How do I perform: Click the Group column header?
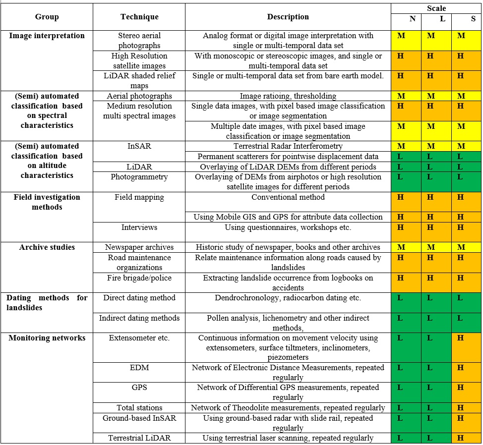click(47, 17)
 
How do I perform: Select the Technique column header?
click(139, 17)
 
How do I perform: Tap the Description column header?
click(288, 17)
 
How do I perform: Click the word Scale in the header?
click(436, 8)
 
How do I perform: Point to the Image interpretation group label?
click(47, 36)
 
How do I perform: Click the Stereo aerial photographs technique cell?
click(139, 41)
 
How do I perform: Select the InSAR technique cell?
click(139, 146)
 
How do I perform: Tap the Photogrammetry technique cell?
click(139, 177)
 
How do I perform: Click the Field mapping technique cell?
click(139, 197)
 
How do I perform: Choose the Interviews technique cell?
click(139, 227)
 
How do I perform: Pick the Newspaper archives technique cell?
click(139, 247)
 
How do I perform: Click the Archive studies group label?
click(47, 247)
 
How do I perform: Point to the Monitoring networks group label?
click(47, 338)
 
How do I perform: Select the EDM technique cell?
click(139, 368)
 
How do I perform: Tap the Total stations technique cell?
click(139, 408)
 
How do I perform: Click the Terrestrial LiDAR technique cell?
click(139, 438)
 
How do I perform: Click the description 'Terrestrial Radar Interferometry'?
click(288, 146)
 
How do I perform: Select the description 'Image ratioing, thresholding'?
click(288, 96)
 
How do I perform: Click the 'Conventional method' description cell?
click(288, 197)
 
